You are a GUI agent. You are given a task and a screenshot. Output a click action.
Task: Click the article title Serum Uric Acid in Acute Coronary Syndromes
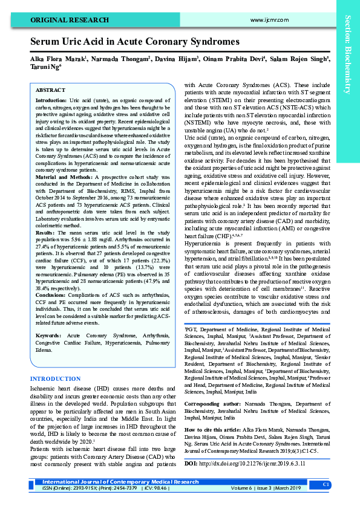pos(135,42)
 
